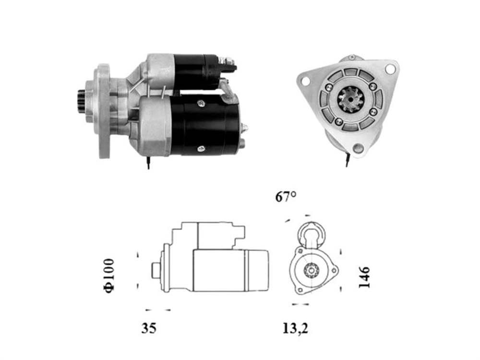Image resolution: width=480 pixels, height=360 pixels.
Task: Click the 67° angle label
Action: coord(286,196)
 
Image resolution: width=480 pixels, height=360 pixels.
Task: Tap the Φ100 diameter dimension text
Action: coord(109,276)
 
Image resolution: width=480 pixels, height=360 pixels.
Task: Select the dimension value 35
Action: coord(149,328)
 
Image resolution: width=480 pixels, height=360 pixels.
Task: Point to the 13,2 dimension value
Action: coord(295,328)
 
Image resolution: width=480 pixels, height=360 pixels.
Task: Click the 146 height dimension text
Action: coord(364,277)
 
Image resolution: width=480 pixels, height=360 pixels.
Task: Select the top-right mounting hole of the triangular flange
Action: coord(390,69)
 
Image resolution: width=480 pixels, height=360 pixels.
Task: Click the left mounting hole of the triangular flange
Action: coord(305,81)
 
